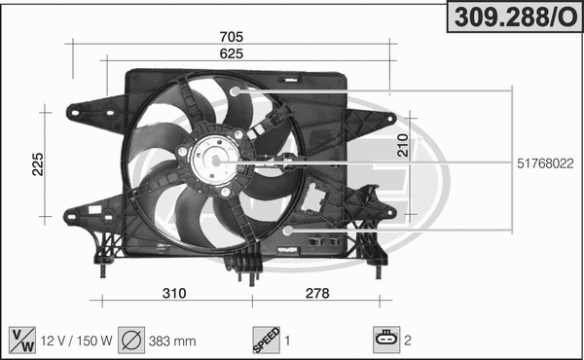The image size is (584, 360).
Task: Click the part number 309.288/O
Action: coord(512,16)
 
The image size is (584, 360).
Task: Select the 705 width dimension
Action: coord(231,36)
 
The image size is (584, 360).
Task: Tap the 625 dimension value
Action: coord(231,54)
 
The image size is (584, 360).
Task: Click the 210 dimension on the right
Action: coord(402,147)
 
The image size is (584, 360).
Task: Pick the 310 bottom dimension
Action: coord(173,293)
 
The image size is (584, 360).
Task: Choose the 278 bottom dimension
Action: coord(317,293)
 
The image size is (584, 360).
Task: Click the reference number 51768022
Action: coord(544,164)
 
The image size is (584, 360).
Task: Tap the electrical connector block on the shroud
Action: coord(313,198)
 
